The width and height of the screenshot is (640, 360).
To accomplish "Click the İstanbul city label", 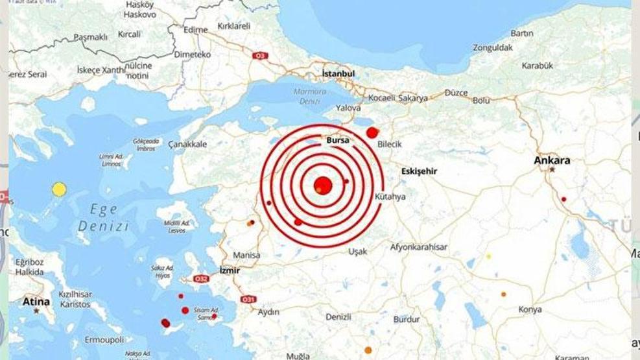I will [x=338, y=74].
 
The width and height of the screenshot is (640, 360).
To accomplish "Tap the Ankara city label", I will [x=551, y=160].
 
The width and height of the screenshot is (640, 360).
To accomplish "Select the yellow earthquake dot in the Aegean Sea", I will [x=59, y=189].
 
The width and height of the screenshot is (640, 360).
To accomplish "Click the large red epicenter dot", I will [x=323, y=186].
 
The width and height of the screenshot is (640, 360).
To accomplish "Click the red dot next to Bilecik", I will [x=372, y=132].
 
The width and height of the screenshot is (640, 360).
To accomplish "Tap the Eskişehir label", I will [x=419, y=171].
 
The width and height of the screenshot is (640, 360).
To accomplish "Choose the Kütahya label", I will [x=390, y=197].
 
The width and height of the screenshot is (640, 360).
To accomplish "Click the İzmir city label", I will [x=230, y=270].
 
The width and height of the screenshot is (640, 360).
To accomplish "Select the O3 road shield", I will [x=261, y=56].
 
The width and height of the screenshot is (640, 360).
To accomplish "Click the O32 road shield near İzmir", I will [x=202, y=279].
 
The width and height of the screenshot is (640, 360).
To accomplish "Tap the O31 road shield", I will [x=248, y=299].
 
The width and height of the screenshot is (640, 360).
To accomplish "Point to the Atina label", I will [x=36, y=301].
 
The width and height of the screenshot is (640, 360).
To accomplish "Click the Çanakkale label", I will [x=187, y=144].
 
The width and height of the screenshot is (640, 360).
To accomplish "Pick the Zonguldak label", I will [x=493, y=47].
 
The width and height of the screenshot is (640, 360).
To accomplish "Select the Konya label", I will [x=530, y=309].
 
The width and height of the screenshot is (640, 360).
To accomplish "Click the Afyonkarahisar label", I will [x=418, y=247].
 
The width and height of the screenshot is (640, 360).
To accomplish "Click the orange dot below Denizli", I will [x=368, y=350].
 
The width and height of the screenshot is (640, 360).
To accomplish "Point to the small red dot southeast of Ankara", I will [x=564, y=199].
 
